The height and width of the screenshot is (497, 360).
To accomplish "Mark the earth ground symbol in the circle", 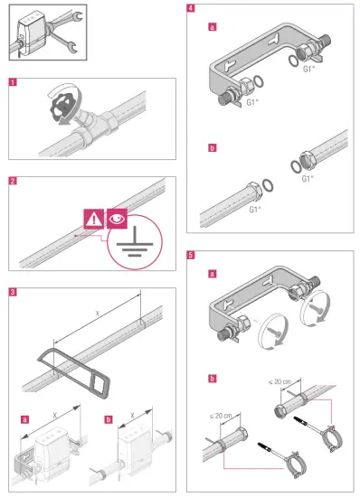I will click(133, 246).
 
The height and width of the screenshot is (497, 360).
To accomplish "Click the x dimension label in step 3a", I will click(55, 413).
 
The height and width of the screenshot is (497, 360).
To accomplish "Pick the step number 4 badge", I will click(189, 8).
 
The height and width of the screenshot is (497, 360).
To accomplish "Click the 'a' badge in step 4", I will click(212, 29).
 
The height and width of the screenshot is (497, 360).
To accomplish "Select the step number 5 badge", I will click(189, 255).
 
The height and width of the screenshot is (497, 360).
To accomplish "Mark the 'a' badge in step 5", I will click(212, 273).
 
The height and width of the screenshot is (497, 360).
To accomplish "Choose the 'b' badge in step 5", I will click(212, 378).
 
